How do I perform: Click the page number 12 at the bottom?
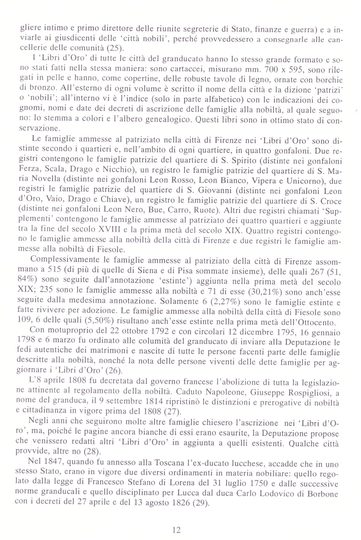(x=176, y=530)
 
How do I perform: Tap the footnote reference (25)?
(x=114, y=49)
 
